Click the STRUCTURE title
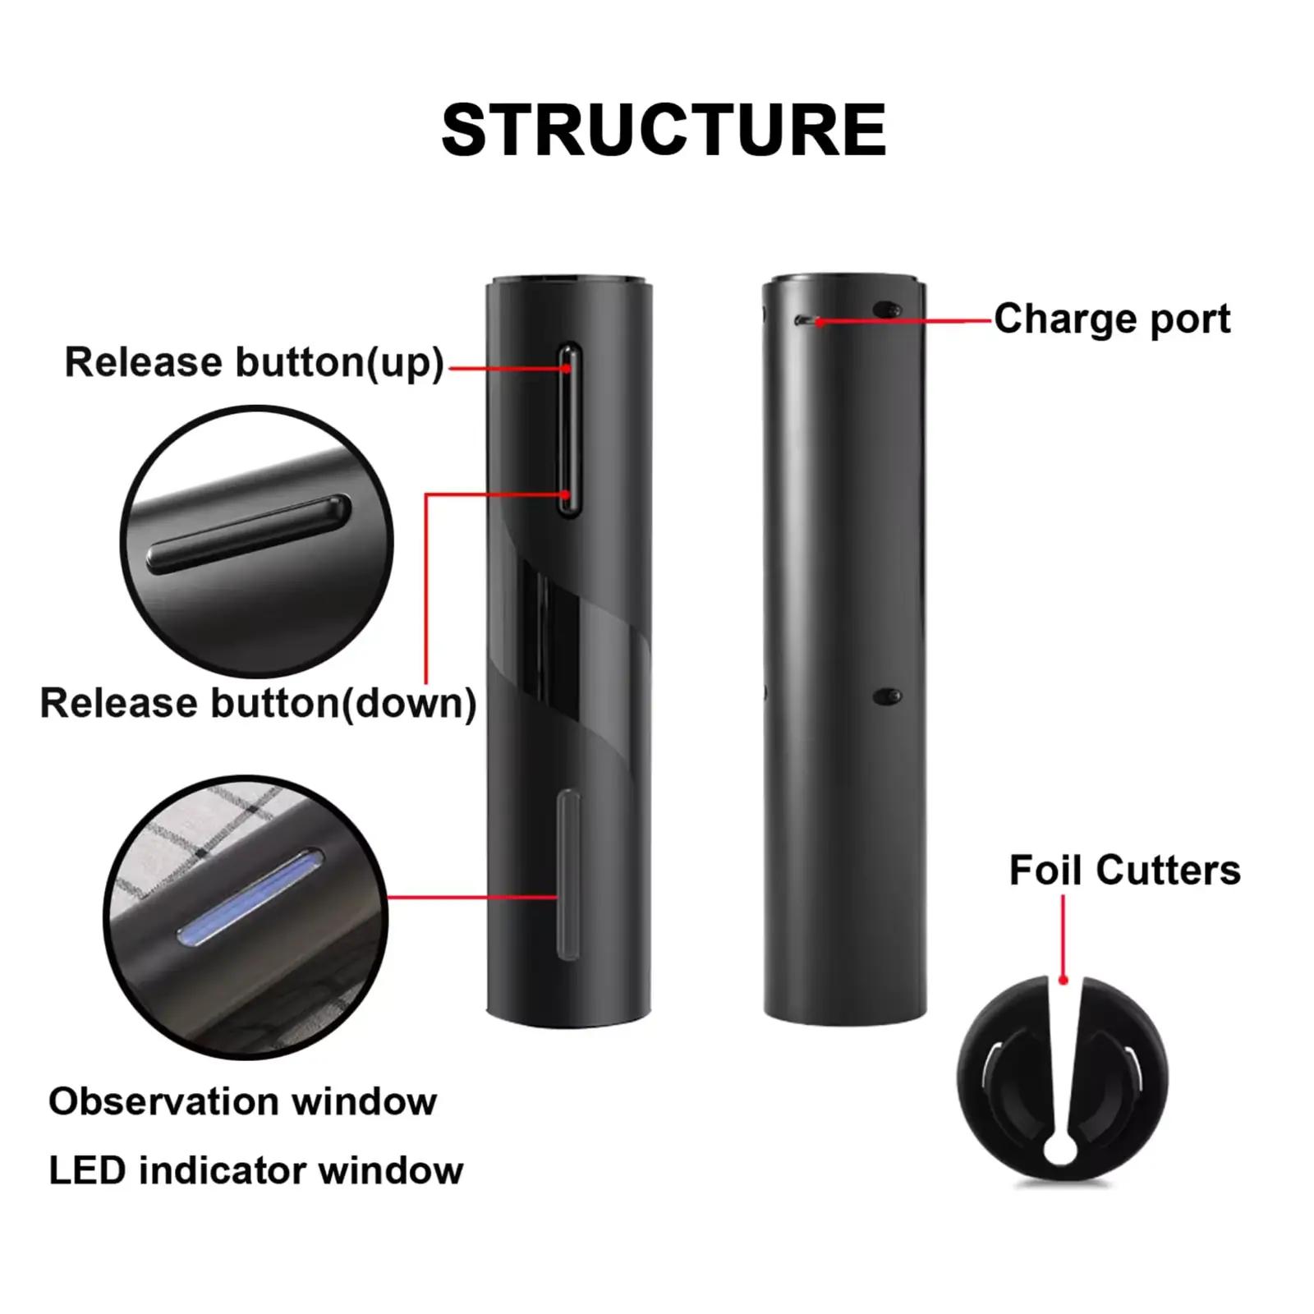(x=664, y=131)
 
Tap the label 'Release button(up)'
(x=254, y=362)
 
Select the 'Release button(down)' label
(x=258, y=703)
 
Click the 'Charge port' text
(x=1112, y=319)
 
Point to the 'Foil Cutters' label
(x=1124, y=870)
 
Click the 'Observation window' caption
(x=242, y=1101)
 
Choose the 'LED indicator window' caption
(x=255, y=1170)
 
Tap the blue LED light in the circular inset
(x=250, y=898)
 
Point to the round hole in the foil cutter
(x=1060, y=1150)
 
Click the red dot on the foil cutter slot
(x=1063, y=979)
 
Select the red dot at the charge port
(x=820, y=322)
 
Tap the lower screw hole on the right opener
(x=886, y=696)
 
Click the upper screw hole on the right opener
(x=886, y=310)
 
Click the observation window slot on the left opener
(x=567, y=875)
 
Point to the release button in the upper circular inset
(x=249, y=534)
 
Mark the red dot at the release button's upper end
(x=567, y=369)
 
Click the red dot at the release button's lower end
(x=566, y=494)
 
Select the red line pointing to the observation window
(x=472, y=897)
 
